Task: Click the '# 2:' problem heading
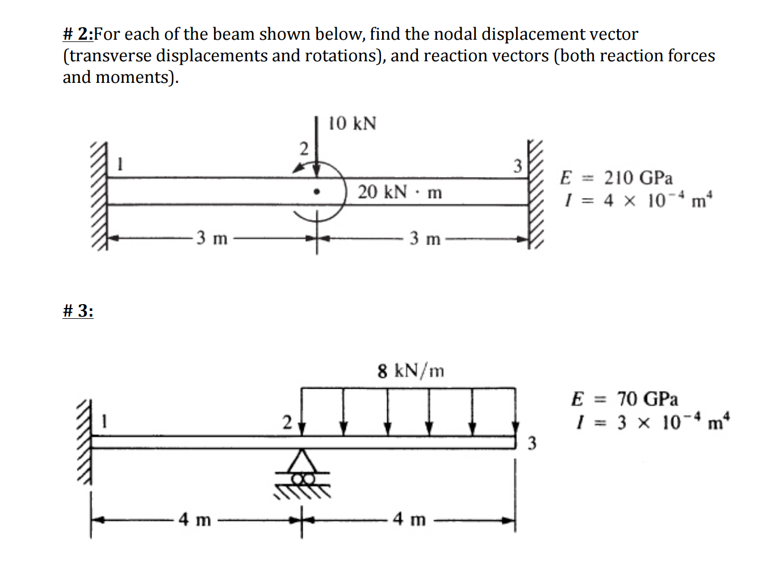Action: (78, 34)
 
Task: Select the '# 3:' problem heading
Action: (78, 311)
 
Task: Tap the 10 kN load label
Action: (352, 123)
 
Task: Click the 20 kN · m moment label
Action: (399, 192)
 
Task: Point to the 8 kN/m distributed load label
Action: (410, 371)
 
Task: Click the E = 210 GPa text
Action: (616, 178)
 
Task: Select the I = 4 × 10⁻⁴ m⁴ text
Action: (638, 200)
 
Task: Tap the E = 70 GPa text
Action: (624, 399)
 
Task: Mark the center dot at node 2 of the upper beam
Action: (317, 192)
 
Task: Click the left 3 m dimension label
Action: (212, 238)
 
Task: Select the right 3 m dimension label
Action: (425, 239)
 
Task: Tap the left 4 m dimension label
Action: (195, 519)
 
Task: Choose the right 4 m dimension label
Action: (409, 519)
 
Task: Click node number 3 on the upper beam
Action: (517, 166)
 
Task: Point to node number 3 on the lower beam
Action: (531, 443)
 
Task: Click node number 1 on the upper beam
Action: (120, 164)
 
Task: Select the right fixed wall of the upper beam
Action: (535, 193)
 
